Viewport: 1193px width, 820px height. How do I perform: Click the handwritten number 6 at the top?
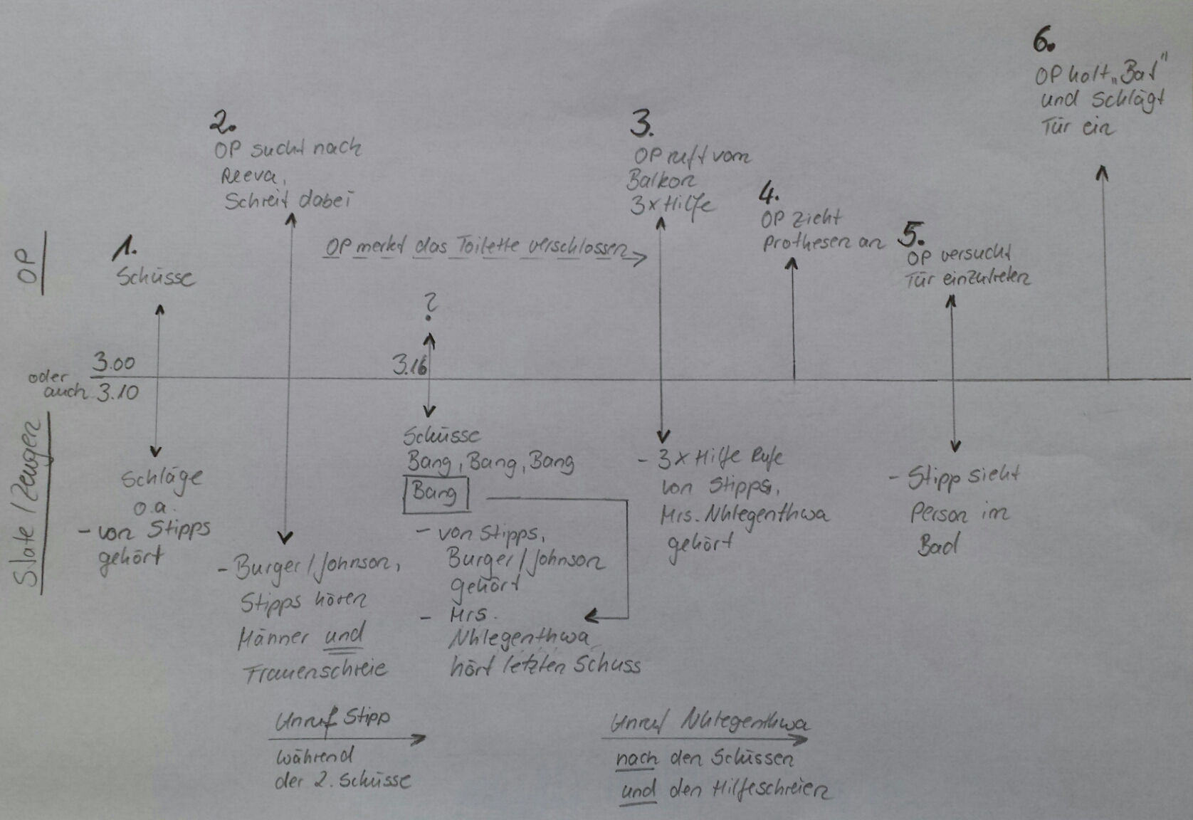1043,41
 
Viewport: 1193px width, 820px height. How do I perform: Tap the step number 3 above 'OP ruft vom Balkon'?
641,124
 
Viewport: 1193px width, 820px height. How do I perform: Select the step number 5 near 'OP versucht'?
913,233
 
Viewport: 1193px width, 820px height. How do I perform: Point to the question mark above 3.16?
429,307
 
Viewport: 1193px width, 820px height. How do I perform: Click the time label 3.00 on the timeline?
113,363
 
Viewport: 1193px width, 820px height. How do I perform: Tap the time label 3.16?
409,365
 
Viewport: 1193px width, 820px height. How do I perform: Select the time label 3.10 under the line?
118,392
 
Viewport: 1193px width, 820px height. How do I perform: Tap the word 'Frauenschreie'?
315,670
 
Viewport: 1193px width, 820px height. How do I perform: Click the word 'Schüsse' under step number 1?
155,276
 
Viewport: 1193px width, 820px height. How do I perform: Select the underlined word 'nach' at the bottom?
636,759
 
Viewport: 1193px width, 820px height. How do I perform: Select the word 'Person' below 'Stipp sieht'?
938,514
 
